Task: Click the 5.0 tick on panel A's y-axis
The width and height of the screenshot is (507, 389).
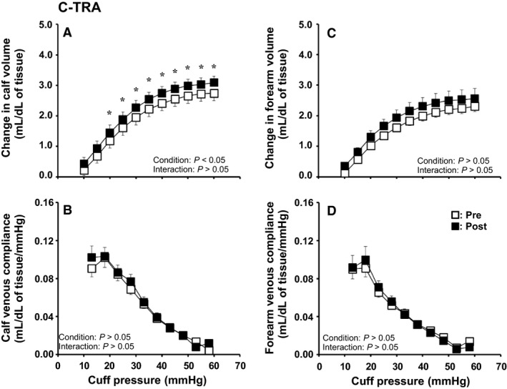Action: pos(44,24)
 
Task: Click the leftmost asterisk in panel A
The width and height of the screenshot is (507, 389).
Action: pos(109,113)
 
